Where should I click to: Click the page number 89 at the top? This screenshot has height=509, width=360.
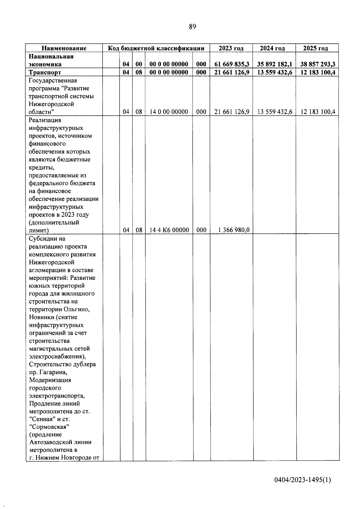[x=193, y=27]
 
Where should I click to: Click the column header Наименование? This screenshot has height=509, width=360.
[x=64, y=48]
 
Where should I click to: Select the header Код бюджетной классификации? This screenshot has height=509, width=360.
[x=156, y=48]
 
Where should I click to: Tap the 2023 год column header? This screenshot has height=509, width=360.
[x=231, y=48]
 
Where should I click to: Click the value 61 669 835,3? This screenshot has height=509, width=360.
[x=232, y=64]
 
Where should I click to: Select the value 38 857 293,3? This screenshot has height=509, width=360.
[x=318, y=64]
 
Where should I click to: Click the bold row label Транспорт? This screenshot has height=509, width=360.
[x=45, y=72]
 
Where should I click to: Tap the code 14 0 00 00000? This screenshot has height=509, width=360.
[x=169, y=112]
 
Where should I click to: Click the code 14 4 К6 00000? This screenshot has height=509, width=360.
[x=169, y=230]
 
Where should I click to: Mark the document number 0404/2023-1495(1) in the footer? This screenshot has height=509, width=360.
[x=303, y=480]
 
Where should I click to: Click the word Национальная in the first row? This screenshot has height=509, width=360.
[x=51, y=56]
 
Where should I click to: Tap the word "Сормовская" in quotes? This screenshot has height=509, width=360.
[x=49, y=427]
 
